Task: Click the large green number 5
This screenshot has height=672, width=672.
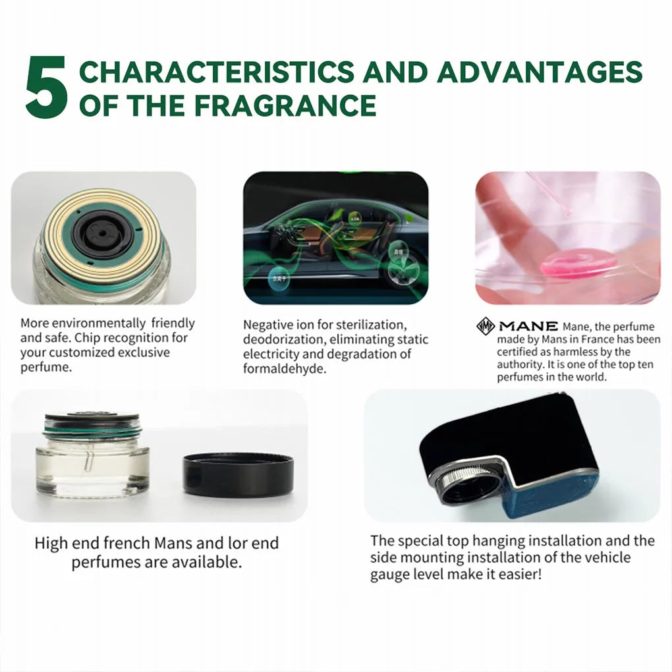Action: tap(46, 87)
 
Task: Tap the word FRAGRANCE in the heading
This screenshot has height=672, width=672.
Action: tap(291, 105)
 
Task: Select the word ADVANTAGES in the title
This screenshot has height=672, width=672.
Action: tap(539, 72)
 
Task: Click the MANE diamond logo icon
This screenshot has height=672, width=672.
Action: tap(486, 326)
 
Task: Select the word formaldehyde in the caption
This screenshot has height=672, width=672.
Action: tap(285, 369)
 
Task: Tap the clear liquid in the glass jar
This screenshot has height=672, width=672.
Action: tap(92, 470)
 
